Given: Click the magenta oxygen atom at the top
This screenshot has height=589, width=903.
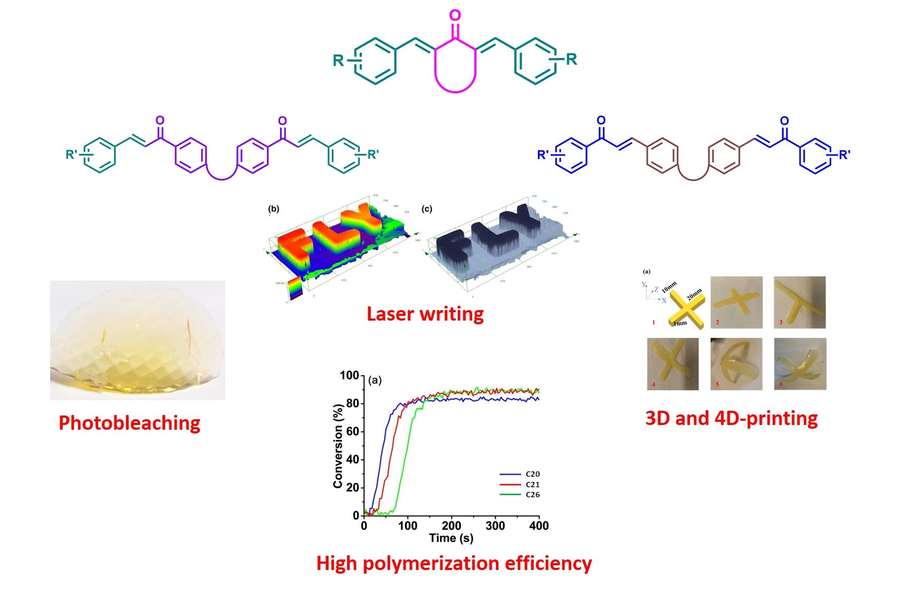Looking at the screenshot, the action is (x=455, y=15).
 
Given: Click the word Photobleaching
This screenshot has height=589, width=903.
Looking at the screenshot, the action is (x=129, y=423).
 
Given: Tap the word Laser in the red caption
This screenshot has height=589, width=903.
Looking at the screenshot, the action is (x=390, y=314).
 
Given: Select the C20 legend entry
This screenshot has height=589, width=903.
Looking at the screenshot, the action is (x=532, y=474).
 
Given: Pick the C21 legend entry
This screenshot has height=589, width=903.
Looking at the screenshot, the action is (x=532, y=485).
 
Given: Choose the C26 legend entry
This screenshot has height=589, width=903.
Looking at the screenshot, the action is (x=532, y=495).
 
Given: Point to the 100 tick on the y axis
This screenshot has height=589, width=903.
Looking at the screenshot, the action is (x=349, y=375).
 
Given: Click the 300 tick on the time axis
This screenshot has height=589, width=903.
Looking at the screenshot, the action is (x=495, y=526).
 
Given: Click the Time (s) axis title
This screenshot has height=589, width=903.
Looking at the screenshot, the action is (x=451, y=538).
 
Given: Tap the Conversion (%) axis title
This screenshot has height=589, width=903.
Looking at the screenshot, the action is (x=338, y=446).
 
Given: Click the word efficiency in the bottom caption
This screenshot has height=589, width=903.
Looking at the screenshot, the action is (x=548, y=563).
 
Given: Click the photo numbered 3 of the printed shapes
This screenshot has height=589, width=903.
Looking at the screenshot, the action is (x=799, y=302).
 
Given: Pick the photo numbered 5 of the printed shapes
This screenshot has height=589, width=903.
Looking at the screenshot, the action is (x=736, y=364).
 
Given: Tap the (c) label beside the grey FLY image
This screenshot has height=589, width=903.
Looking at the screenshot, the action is (x=427, y=209).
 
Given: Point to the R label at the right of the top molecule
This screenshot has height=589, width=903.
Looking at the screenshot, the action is (x=571, y=59).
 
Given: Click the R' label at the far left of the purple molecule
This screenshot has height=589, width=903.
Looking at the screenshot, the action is (x=71, y=155).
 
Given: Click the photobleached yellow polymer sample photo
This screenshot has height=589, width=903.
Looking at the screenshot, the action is (x=138, y=340).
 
